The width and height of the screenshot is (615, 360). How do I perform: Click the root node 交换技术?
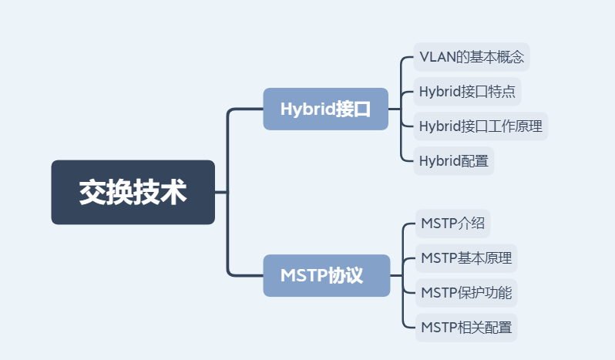pos(133,192)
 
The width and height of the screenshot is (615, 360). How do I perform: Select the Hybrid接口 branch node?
pos(325,109)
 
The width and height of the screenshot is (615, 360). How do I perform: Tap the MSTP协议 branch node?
pos(326,275)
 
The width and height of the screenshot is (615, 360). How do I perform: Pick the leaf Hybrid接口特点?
pos(467,92)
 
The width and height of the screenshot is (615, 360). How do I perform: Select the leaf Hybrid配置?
pos(453,161)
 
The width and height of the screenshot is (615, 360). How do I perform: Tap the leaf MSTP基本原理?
pos(466,258)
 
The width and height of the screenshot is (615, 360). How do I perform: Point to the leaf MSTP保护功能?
pos(466,292)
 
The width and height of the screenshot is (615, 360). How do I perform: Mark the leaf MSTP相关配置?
pos(466,327)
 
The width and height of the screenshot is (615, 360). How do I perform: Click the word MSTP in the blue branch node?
pos(304,275)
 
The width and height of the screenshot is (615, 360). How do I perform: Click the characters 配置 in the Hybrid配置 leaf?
pos(476,161)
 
